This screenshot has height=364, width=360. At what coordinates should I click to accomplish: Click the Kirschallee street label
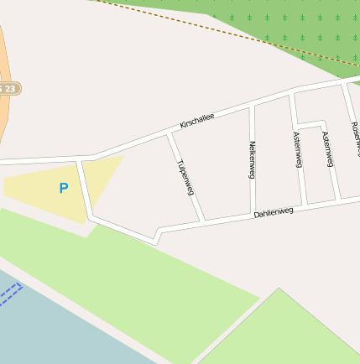[x=197, y=121]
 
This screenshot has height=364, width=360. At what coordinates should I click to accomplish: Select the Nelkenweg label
[x=252, y=159]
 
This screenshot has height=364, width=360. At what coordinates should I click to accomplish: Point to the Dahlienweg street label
[x=274, y=213]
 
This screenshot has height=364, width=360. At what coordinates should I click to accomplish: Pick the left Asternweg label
[x=298, y=150]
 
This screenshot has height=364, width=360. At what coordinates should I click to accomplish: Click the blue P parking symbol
[x=63, y=189]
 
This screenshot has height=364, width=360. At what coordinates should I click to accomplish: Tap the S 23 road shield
[x=8, y=88]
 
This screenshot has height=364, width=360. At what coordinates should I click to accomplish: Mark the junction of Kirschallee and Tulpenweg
[x=170, y=133]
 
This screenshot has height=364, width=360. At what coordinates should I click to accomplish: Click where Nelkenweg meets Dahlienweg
[x=253, y=214]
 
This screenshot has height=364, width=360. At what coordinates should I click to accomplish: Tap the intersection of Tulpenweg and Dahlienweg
[x=203, y=221]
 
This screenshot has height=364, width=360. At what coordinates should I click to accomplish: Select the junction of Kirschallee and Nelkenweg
[x=250, y=107]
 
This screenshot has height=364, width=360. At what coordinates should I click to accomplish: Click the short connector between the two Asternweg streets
[x=310, y=124]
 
